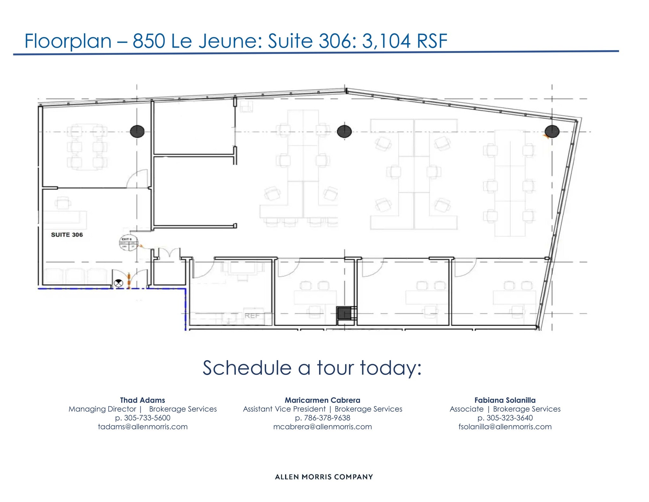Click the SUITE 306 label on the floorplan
[67, 235]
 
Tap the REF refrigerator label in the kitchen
[252, 316]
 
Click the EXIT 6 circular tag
[128, 243]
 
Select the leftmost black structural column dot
[137, 131]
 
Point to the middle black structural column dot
[344, 131]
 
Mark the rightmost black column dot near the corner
[552, 131]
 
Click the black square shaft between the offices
[344, 313]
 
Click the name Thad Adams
[142, 400]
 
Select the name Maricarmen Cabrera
[322, 400]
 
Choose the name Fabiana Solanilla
[505, 400]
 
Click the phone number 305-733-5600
[147, 418]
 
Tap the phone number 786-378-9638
[327, 418]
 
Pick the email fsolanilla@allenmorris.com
[505, 427]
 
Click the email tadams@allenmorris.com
[143, 427]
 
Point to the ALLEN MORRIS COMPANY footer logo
[324, 477]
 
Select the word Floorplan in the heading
[68, 41]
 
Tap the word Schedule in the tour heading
[247, 368]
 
